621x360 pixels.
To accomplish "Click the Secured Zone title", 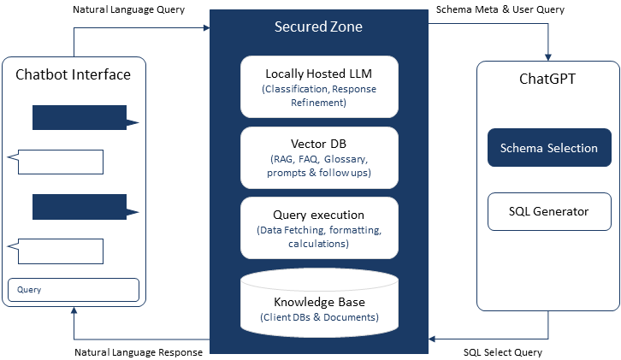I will click(318, 27).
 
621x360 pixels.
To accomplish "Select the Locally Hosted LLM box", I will click(319, 86).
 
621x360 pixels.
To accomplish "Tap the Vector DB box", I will click(319, 157).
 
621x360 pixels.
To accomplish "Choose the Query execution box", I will click(319, 227).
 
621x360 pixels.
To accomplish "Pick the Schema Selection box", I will click(549, 148).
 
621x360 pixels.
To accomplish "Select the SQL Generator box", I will click(549, 211).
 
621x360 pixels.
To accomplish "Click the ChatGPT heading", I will click(548, 79).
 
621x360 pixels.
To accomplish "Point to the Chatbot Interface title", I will click(74, 74).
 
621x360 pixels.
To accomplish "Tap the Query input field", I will click(74, 290).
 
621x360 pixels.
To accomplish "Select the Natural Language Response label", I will click(138, 351).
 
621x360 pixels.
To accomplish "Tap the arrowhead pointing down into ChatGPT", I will click(548, 54).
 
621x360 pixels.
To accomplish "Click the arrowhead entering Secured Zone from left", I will click(205, 28).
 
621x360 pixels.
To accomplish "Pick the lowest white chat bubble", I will click(57, 251).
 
